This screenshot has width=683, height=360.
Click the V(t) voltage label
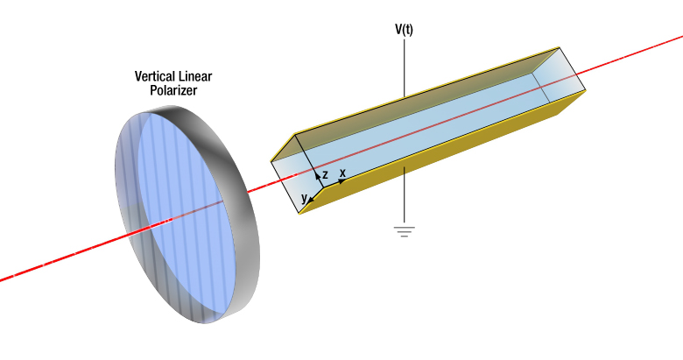click(x=404, y=29)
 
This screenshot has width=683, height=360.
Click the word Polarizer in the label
click(x=173, y=90)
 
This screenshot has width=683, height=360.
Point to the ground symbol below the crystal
click(x=404, y=231)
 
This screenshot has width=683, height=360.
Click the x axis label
click(x=342, y=173)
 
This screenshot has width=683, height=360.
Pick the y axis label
click(x=304, y=199)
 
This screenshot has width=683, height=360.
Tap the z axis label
click(x=325, y=175)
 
